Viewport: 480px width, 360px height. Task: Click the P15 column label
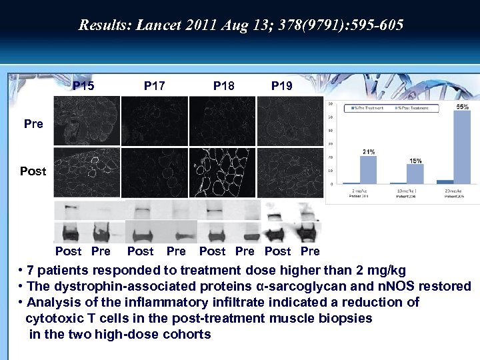pos(83,86)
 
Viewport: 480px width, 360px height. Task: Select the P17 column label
pos(155,86)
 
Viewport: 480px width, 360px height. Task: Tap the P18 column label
pos(224,86)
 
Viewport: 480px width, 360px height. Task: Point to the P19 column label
pos(281,86)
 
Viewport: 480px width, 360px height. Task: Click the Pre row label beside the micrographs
pos(33,124)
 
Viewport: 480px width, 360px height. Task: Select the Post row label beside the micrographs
pos(33,171)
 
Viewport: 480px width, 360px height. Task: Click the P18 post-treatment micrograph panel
pos(222,171)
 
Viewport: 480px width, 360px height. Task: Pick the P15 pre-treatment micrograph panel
pos(87,121)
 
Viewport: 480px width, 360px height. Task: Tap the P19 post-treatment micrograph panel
pos(289,171)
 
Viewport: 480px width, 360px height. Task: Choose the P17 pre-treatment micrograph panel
pos(155,121)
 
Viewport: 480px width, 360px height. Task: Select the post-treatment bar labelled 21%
pos(368,170)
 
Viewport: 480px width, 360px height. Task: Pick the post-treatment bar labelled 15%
pos(415,174)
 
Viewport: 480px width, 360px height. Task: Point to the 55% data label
pos(462,107)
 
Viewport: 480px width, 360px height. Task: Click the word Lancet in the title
pos(157,25)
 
